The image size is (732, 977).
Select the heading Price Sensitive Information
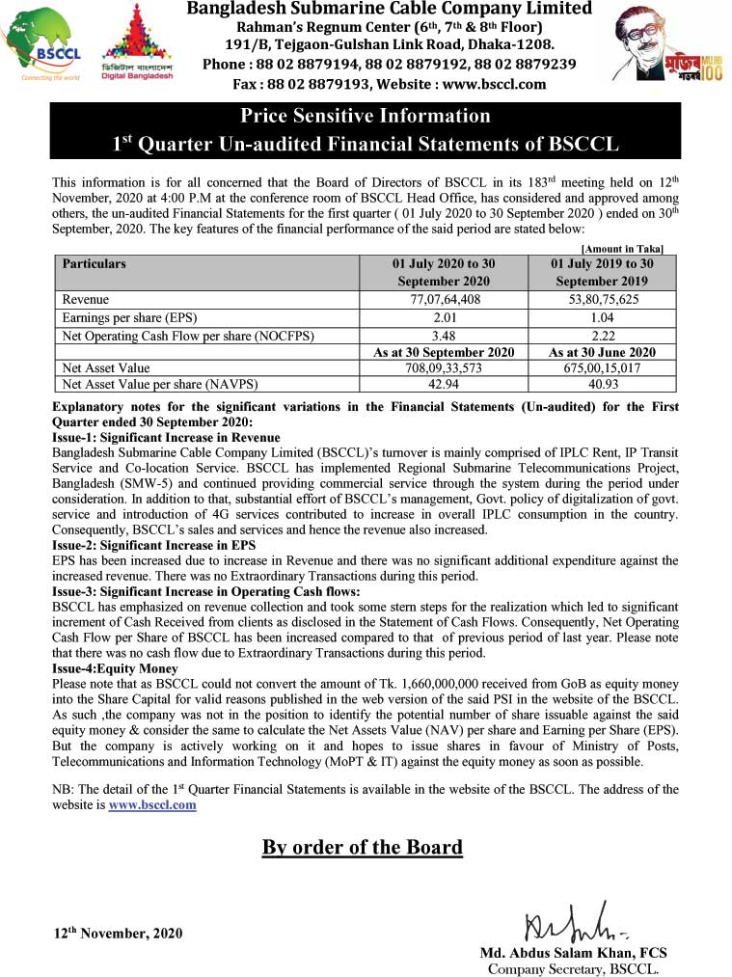click(x=366, y=116)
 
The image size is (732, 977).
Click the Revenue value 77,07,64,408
click(x=445, y=300)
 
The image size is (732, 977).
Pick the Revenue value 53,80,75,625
click(x=602, y=300)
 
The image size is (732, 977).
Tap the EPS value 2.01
click(x=445, y=317)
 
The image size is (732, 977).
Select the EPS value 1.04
click(x=602, y=317)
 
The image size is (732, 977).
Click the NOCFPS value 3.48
click(x=445, y=335)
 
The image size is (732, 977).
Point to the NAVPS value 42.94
click(x=445, y=382)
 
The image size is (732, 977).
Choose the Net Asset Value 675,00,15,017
click(x=602, y=367)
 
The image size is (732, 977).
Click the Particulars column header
click(x=94, y=263)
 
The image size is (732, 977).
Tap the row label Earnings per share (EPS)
click(x=124, y=317)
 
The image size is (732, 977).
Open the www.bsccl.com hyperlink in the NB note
click(x=152, y=804)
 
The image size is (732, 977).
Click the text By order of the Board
click(x=363, y=848)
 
